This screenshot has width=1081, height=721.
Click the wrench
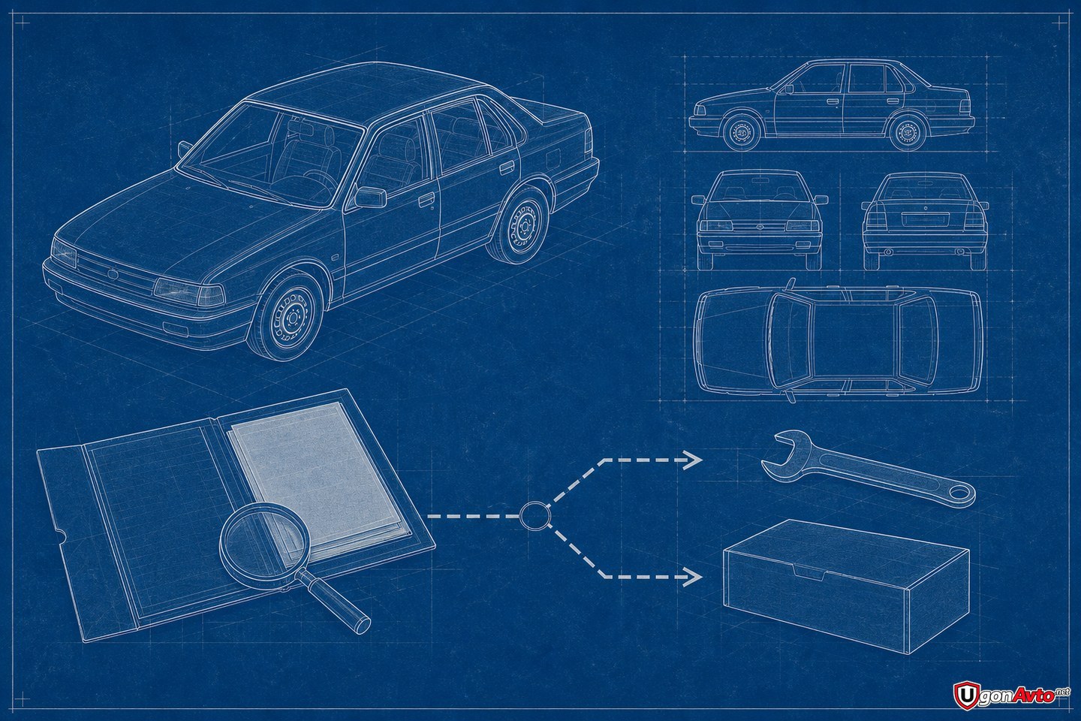point(869,470)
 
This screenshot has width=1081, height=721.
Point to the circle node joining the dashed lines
point(534,516)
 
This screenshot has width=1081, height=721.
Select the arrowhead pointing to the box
point(694,576)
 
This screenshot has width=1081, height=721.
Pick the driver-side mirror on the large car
point(371,197)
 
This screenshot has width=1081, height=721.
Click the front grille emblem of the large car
point(113,274)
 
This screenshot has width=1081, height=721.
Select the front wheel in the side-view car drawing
point(742,131)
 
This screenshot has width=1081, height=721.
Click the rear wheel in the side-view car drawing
point(908,131)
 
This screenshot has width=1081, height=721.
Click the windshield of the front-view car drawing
point(760,189)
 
